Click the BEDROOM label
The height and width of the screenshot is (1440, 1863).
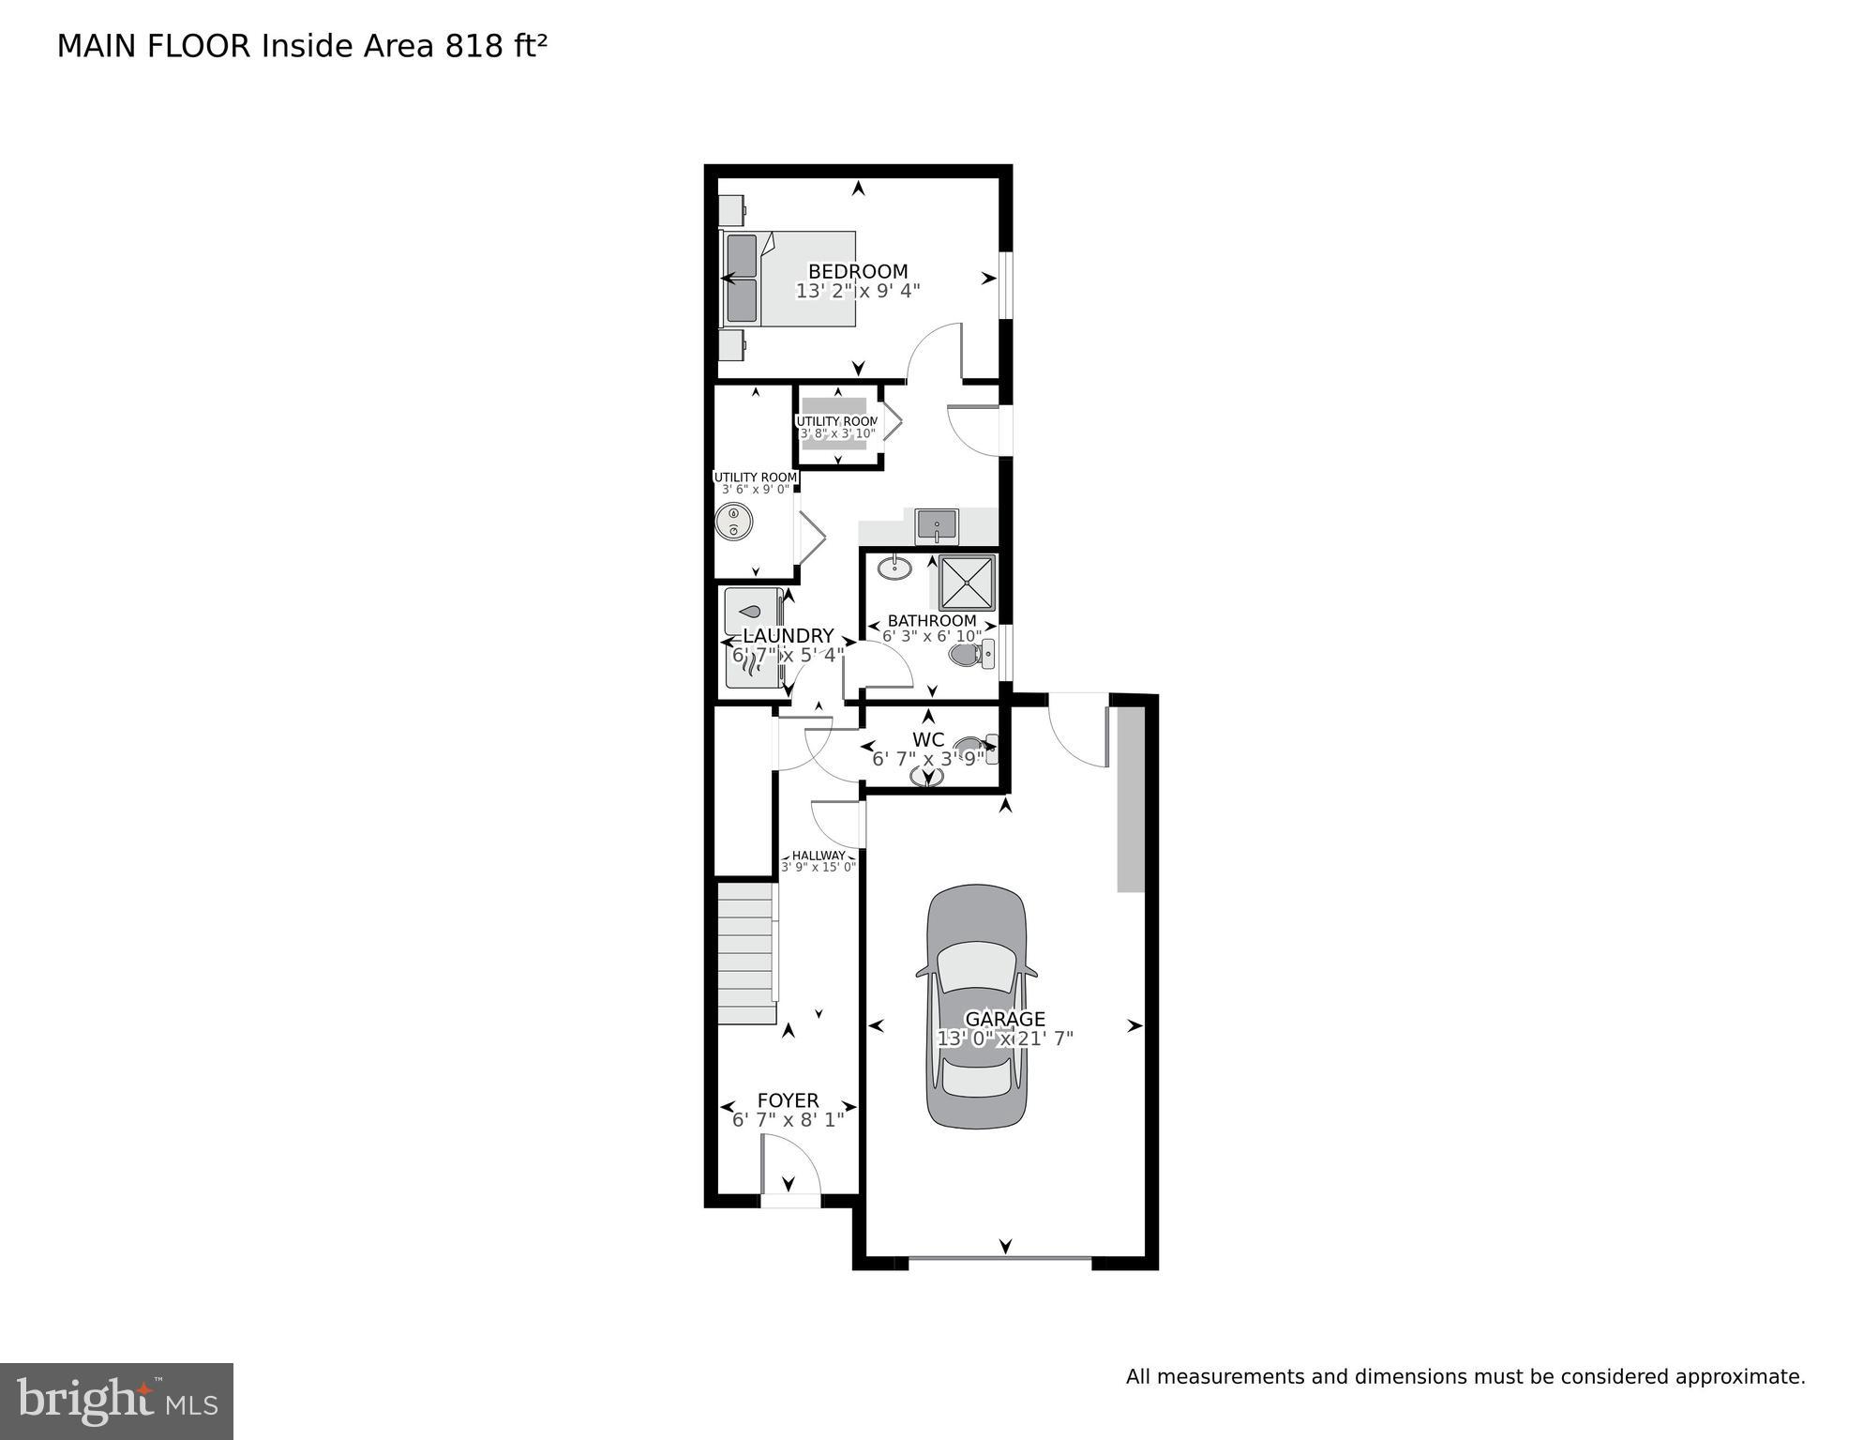tap(857, 272)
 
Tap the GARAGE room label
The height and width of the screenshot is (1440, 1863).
tap(1004, 1019)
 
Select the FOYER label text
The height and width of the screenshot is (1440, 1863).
tap(788, 1100)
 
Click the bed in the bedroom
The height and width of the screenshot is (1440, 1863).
tap(789, 279)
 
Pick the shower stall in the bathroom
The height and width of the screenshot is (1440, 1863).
tap(967, 583)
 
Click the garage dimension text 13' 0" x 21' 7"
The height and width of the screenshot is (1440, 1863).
tap(1004, 1038)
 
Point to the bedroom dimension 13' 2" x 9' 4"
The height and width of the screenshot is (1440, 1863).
tap(857, 292)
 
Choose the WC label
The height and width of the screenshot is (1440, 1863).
tap(927, 740)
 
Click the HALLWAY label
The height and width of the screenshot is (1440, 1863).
tap(818, 856)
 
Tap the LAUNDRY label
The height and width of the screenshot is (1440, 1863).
tap(788, 636)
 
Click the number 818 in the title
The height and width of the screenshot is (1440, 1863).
tap(474, 46)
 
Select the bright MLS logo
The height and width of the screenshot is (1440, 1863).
tap(116, 1402)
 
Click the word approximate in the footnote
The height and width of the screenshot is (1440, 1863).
tap(1739, 1377)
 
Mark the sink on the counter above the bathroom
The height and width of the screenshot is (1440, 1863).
tap(937, 525)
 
